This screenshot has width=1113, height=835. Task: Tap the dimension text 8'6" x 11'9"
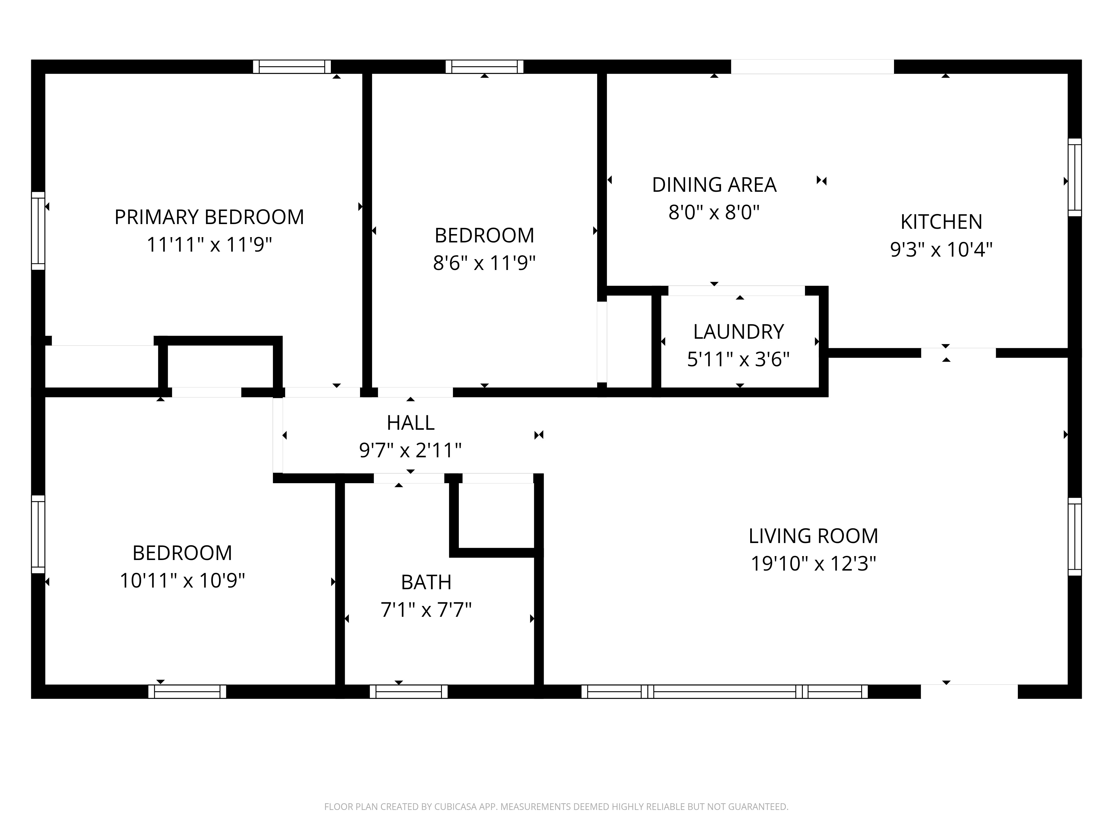(484, 263)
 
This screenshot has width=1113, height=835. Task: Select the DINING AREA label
(714, 185)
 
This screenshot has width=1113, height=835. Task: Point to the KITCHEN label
(941, 222)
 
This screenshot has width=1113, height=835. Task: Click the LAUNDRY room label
(738, 332)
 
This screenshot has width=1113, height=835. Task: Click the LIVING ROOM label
(813, 536)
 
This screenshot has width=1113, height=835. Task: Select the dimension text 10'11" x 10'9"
(182, 581)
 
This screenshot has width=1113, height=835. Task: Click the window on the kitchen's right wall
(1074, 177)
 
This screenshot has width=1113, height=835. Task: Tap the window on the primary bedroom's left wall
(38, 230)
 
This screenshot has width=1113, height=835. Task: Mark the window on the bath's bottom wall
(408, 692)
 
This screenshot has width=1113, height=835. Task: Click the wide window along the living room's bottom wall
(725, 692)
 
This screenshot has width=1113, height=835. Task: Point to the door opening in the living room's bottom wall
(969, 692)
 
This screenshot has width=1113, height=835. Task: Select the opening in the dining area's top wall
(812, 67)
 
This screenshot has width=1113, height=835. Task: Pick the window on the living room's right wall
(1074, 537)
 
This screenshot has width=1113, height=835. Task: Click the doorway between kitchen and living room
(958, 353)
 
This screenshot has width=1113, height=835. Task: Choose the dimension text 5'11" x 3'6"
(738, 359)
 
